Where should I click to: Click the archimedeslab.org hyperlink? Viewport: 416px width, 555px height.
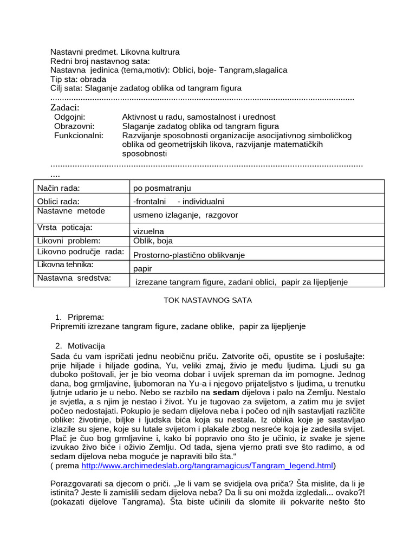(x=207, y=466)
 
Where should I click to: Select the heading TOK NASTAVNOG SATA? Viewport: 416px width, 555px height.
(x=207, y=300)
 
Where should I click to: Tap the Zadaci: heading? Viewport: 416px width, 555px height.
(x=64, y=107)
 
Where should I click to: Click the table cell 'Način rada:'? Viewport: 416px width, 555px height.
(x=58, y=188)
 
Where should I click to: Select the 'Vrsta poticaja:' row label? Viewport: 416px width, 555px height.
(x=64, y=227)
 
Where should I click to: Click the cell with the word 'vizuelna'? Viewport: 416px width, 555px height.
(x=148, y=231)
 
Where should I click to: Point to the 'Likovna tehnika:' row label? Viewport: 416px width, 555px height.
(x=65, y=264)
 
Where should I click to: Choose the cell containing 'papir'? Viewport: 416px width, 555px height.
(x=142, y=268)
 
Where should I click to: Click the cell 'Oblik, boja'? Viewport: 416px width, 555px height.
(x=153, y=241)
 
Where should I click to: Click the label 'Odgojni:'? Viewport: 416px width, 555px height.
(x=70, y=117)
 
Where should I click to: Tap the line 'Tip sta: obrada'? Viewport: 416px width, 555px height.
(x=78, y=79)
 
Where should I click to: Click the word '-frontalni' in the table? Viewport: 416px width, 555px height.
(x=149, y=202)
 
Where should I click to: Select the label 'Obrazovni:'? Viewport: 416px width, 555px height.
(x=74, y=126)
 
